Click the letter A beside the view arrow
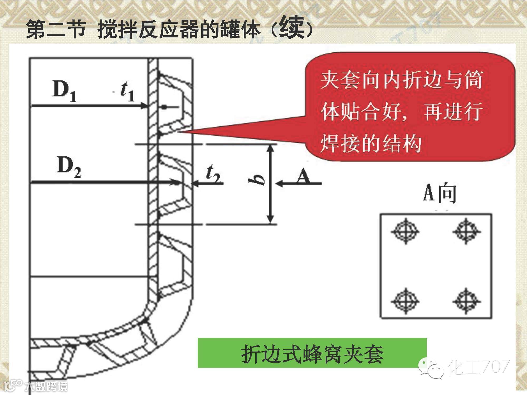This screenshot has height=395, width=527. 304,176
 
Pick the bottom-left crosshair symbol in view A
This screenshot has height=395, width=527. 405,301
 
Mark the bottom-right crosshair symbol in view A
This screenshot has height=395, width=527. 467,301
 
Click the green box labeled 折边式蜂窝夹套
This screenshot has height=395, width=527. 312,353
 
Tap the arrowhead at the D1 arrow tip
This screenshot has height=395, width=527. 145,106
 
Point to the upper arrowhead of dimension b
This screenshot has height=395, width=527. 270,149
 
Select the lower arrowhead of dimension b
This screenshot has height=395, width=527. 270,219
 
